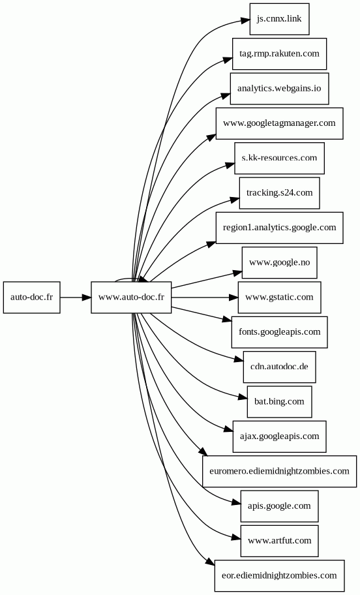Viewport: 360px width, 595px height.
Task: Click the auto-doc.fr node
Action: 31,297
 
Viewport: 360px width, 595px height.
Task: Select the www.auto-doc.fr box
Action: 131,297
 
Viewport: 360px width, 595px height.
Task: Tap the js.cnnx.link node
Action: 279,19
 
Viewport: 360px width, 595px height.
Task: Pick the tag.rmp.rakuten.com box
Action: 279,53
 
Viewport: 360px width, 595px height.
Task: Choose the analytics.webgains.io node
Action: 279,89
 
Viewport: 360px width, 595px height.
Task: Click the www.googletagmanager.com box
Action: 279,123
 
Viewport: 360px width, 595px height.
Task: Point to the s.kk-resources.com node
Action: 279,159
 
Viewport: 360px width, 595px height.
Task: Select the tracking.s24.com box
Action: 279,192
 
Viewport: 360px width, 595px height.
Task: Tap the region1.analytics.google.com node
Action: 279,228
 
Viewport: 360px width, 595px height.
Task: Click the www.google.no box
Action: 279,262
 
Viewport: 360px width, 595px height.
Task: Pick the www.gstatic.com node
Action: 279,297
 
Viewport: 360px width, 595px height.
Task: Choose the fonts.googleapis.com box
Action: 279,332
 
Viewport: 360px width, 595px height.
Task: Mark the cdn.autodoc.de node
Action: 279,367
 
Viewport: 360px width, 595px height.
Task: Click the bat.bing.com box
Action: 279,402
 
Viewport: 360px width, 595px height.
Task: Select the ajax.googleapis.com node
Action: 279,436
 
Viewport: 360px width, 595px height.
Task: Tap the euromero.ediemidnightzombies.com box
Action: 279,471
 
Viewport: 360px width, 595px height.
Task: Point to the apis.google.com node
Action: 279,506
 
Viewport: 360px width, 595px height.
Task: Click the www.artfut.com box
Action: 279,541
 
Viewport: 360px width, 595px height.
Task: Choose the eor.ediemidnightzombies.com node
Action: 279,575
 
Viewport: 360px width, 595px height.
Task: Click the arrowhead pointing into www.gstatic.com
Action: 233,297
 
